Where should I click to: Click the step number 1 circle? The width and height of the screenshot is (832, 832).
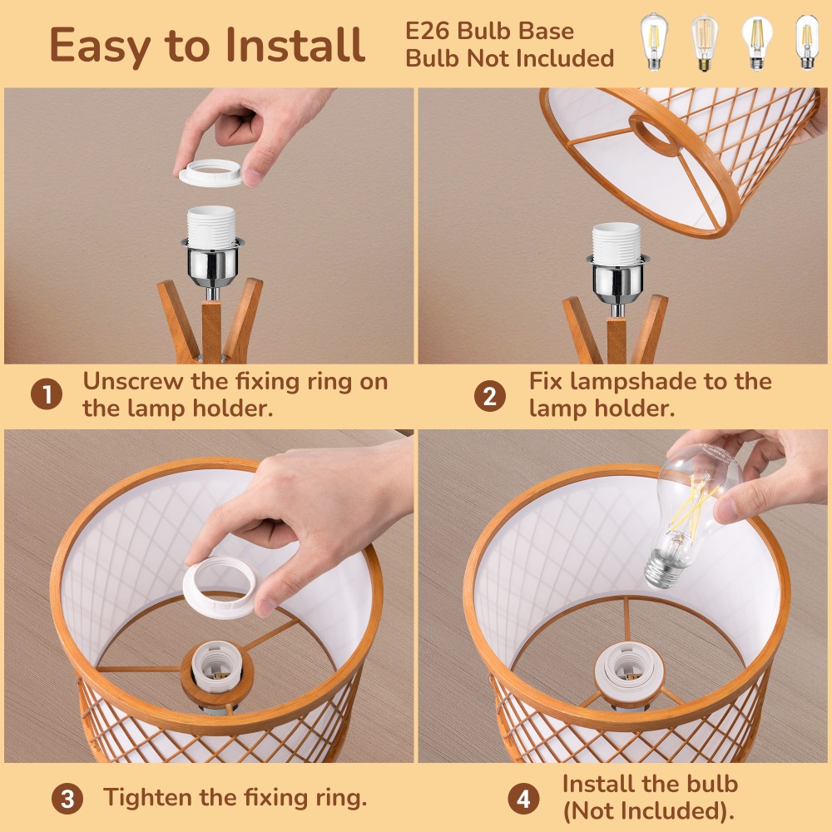[46, 394]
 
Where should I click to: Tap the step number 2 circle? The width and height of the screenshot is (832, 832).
[489, 396]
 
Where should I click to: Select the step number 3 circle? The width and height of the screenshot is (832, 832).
[67, 799]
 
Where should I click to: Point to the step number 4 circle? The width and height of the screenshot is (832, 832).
[523, 799]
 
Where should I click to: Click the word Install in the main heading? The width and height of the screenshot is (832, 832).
[295, 45]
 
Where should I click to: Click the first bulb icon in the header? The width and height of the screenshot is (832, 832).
[654, 42]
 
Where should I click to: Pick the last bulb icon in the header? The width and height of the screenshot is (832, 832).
[806, 42]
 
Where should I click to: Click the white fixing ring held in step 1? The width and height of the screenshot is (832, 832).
[210, 173]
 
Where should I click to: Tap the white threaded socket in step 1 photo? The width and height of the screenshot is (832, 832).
[211, 227]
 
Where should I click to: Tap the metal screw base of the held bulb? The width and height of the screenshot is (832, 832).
[663, 568]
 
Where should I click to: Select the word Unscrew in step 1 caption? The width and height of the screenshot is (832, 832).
[132, 381]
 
